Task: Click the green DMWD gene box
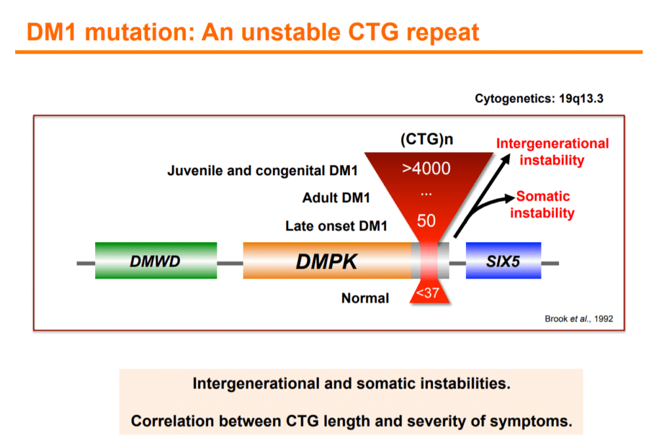(156, 260)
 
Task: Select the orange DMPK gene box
(326, 260)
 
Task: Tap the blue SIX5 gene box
(503, 260)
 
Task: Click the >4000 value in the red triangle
(427, 169)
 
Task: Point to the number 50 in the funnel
(427, 220)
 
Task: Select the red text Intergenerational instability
(552, 152)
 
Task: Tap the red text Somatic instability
(543, 204)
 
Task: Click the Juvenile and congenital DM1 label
(262, 172)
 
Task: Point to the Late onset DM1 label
(336, 226)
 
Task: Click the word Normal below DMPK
(365, 298)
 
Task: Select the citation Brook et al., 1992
(579, 319)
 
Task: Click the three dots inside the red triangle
(427, 194)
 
